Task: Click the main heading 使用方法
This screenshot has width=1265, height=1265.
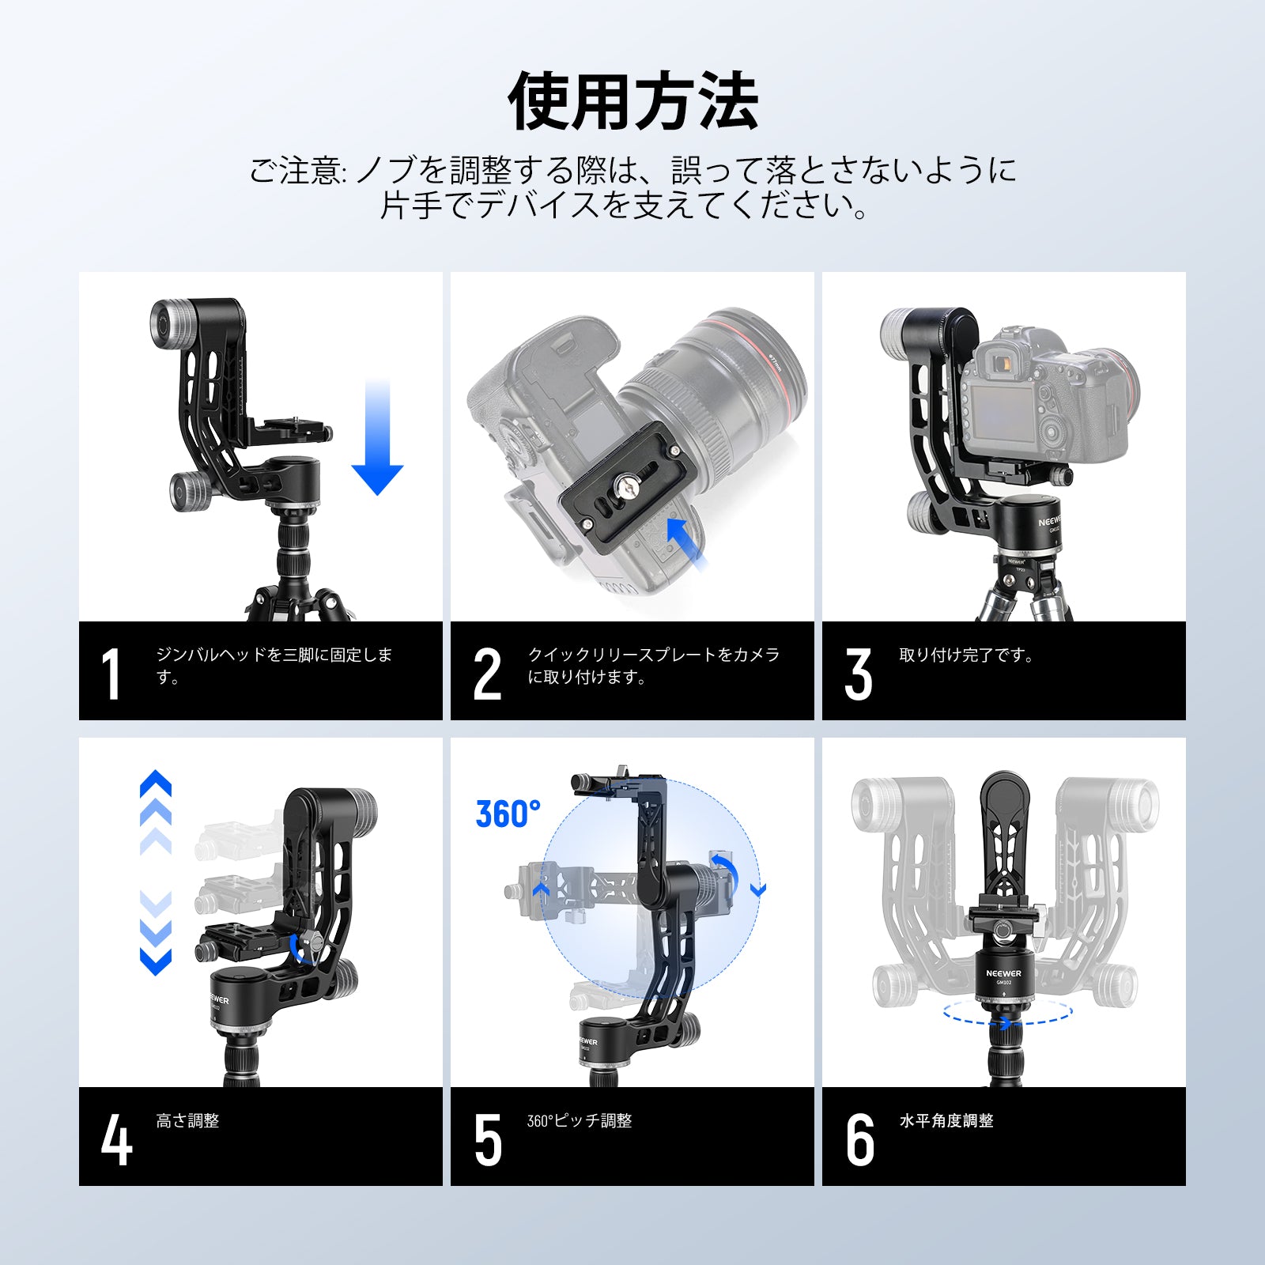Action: click(x=632, y=101)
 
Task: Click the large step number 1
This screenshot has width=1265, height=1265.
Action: click(x=111, y=674)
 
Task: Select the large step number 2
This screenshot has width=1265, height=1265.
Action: click(x=487, y=674)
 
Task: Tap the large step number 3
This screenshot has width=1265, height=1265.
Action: click(x=859, y=674)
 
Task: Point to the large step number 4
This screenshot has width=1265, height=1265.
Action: click(x=116, y=1139)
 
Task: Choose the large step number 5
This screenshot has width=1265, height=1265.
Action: click(x=488, y=1140)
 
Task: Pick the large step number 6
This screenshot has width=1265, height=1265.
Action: click(x=859, y=1140)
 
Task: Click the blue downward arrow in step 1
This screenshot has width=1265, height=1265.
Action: click(x=378, y=437)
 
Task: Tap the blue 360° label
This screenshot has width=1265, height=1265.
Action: click(x=508, y=814)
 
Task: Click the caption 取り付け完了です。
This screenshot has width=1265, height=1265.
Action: click(x=967, y=655)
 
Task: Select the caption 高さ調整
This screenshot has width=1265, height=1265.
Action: click(x=187, y=1120)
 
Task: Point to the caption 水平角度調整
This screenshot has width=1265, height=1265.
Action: click(x=946, y=1120)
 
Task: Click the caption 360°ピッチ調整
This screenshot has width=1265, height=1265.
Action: click(x=580, y=1120)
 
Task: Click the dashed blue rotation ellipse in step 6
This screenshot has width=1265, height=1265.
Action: click(x=1007, y=1011)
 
